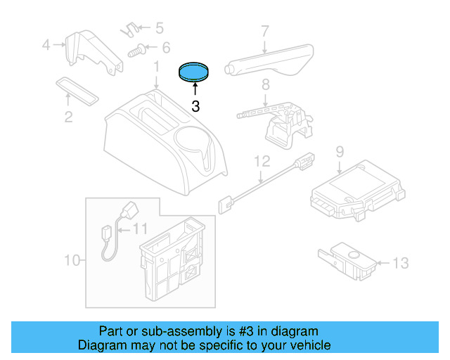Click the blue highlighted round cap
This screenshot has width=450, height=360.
(194, 71)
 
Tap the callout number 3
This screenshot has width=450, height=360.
(195, 107)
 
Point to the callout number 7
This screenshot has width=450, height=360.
(265, 31)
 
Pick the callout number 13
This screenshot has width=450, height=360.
(399, 264)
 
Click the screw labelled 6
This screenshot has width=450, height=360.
(137, 50)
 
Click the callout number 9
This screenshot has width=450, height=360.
(339, 151)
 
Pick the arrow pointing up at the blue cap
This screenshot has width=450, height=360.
(195, 89)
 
